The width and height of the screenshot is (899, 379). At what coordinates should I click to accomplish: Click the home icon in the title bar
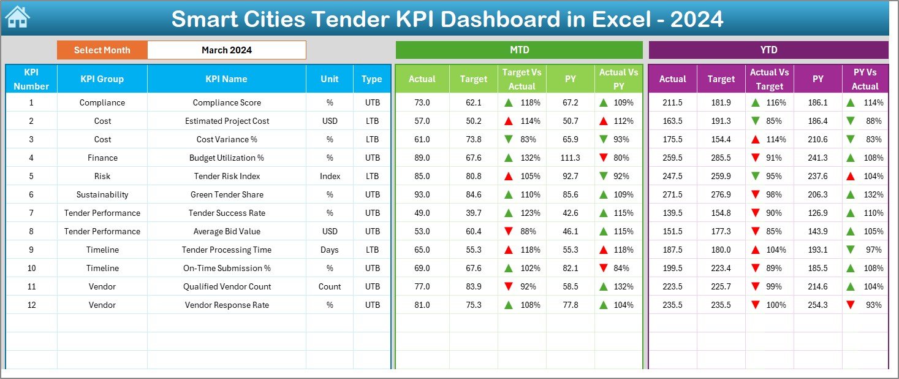click(17, 18)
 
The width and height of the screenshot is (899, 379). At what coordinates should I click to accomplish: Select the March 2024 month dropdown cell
click(226, 50)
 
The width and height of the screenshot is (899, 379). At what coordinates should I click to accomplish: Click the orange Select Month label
click(102, 50)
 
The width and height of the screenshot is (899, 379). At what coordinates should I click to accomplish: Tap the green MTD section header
click(518, 50)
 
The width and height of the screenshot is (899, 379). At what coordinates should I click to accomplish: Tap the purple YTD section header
click(768, 50)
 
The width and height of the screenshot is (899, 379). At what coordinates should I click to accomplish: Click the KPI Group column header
click(102, 79)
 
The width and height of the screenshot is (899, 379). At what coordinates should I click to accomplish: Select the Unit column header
click(329, 79)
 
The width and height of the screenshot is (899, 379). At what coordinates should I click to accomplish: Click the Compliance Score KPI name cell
click(226, 102)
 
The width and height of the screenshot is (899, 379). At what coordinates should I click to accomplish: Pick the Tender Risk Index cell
click(226, 176)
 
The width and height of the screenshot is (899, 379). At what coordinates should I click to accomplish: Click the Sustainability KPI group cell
click(102, 194)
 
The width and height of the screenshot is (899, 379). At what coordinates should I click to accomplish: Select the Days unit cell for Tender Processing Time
click(329, 250)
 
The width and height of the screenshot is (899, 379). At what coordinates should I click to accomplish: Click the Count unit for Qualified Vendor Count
click(329, 286)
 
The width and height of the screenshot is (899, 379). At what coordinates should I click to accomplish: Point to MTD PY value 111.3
click(570, 158)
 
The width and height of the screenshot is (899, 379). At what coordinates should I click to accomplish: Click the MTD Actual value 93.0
click(422, 194)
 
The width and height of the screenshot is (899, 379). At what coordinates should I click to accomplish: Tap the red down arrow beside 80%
click(604, 158)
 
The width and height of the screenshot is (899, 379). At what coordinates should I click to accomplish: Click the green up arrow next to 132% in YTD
click(850, 194)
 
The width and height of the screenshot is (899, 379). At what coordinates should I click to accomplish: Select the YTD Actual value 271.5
click(672, 194)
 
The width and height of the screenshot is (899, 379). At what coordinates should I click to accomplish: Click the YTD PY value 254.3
click(817, 305)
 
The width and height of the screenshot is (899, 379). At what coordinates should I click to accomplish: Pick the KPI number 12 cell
click(31, 305)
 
